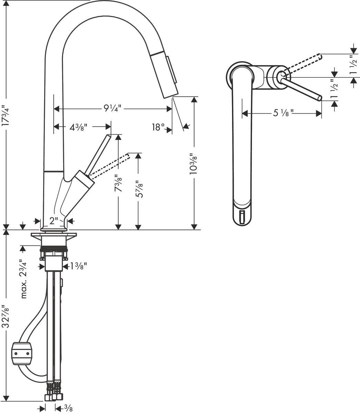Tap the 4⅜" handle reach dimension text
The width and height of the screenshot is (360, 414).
point(78,127)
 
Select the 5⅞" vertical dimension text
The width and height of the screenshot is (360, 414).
point(138,189)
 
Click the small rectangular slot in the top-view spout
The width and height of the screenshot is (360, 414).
point(242,217)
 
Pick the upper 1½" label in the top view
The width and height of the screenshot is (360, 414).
point(352,65)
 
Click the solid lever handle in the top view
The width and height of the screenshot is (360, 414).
point(302,89)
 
